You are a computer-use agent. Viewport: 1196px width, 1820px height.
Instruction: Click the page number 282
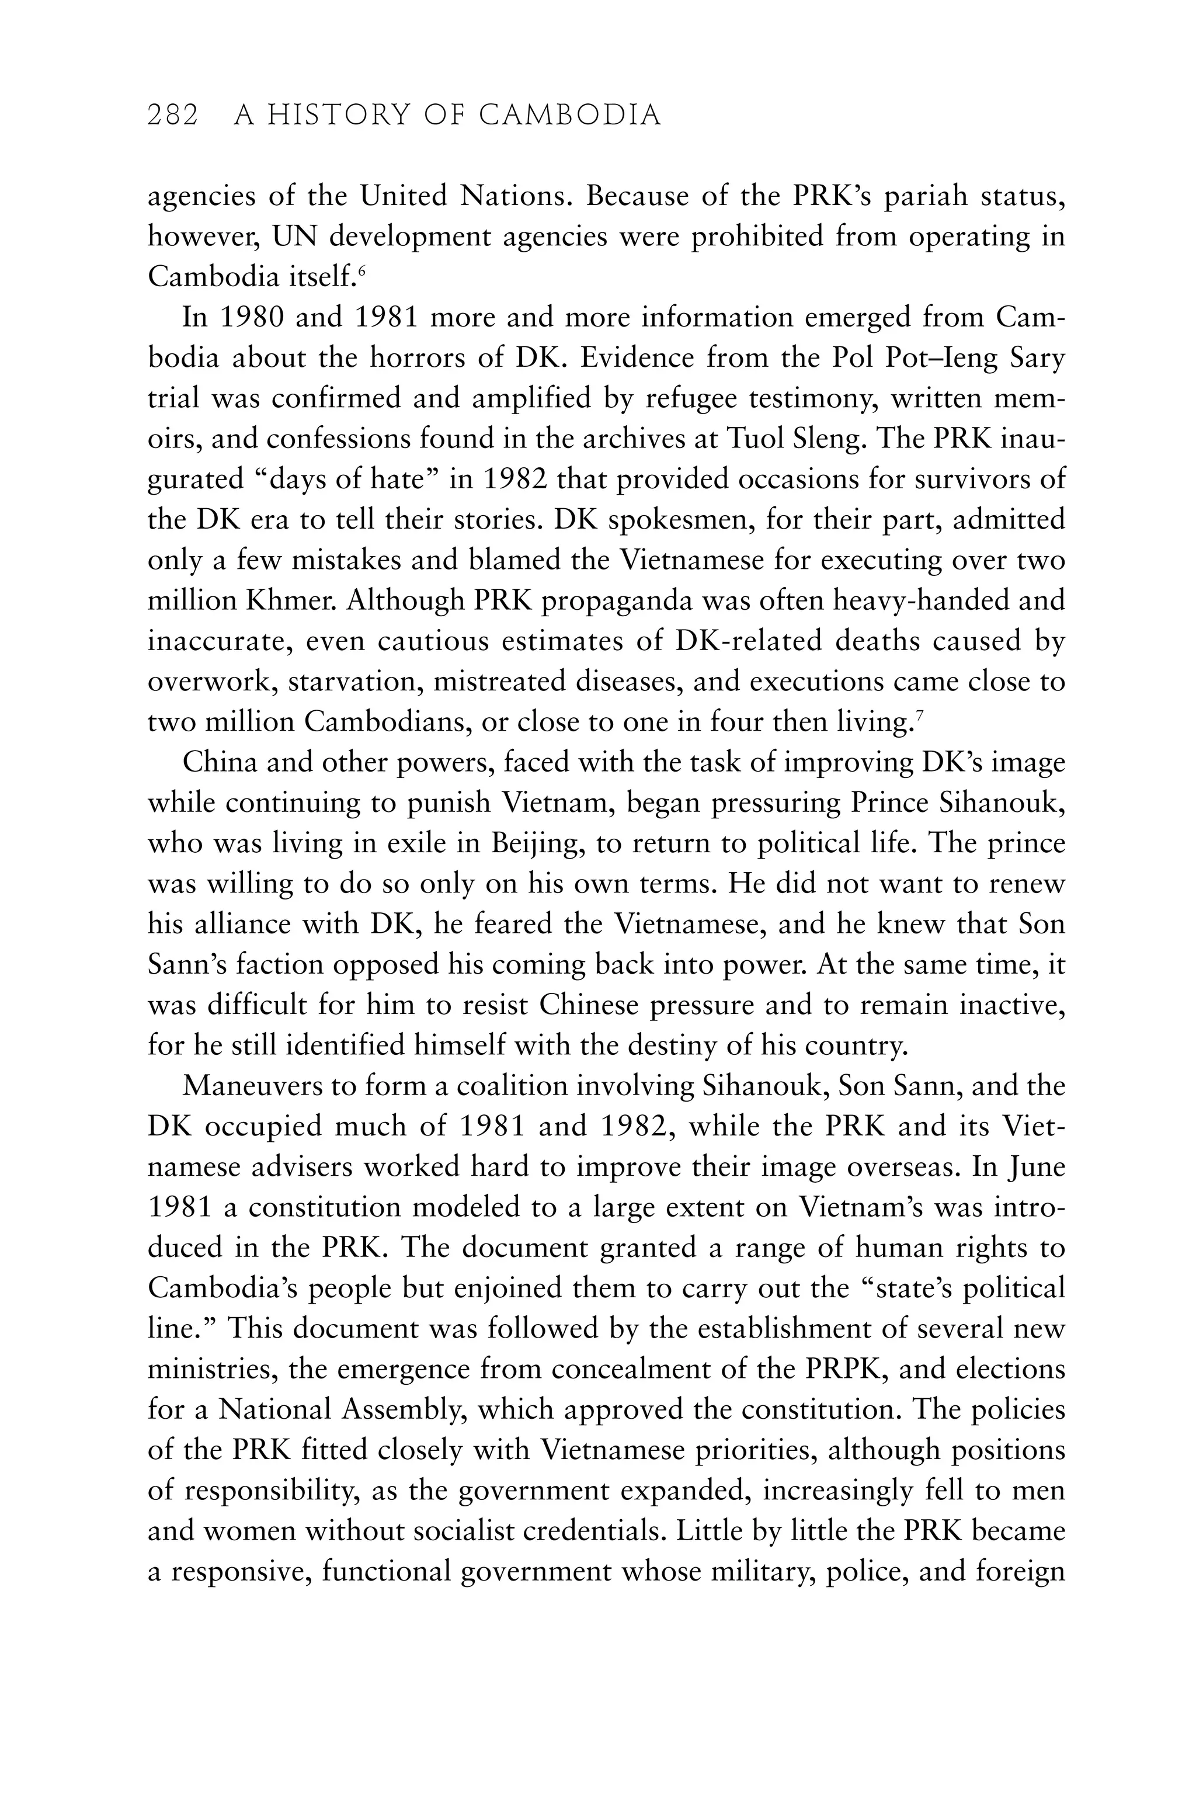point(173,116)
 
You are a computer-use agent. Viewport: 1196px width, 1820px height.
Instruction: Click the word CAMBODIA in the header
point(570,116)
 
